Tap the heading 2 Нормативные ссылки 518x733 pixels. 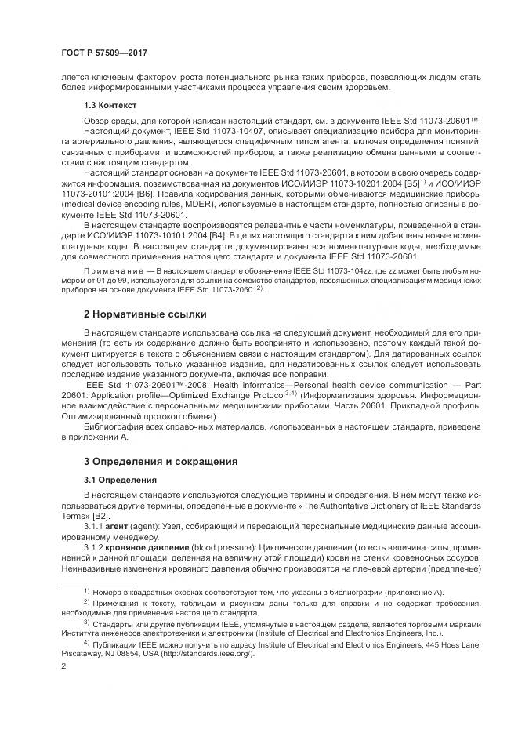[x=146, y=314]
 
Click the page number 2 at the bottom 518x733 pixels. [x=63, y=666]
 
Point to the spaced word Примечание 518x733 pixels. [x=114, y=270]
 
